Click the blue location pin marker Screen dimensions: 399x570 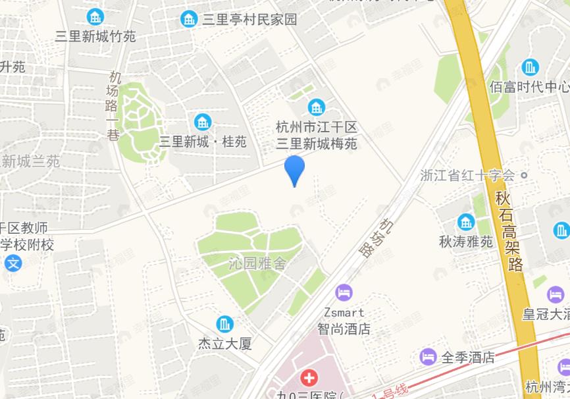coord(294,169)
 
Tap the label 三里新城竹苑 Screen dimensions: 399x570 coord(95,36)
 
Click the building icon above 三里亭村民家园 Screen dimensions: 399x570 coord(189,19)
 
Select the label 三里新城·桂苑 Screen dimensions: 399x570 coord(203,142)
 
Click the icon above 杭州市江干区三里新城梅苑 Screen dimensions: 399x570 coord(317,107)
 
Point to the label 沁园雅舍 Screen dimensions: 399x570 coord(257,264)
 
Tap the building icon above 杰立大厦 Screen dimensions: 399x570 coord(225,325)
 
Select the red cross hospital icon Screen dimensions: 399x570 coord(308,379)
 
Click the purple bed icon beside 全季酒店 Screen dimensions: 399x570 coord(428,358)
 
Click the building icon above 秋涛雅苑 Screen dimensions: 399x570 coord(466,222)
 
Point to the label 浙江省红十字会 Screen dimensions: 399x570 coord(467,176)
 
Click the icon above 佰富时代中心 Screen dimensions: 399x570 coord(530,67)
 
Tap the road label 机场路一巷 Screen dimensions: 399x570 coord(113,105)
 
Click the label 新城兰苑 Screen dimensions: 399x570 coord(30,161)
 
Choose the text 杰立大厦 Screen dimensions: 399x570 coord(225,344)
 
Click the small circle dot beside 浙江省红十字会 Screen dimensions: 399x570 coord(524,176)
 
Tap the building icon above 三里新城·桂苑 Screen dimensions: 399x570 coord(203,122)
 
